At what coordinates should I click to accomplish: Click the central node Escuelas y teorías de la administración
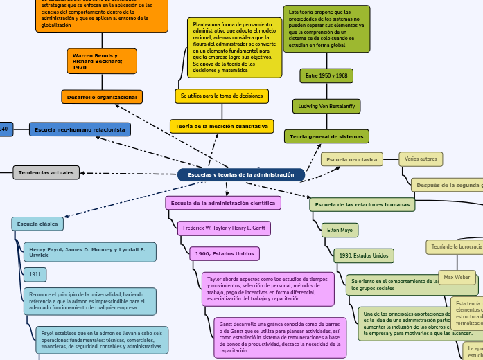click(x=240, y=175)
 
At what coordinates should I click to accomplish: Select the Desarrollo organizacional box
click(x=102, y=97)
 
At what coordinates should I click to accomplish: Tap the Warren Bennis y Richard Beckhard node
click(x=101, y=61)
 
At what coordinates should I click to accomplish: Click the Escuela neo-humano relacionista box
click(x=80, y=129)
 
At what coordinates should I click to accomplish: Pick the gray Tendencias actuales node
click(x=46, y=172)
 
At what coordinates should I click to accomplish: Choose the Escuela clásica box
click(x=37, y=224)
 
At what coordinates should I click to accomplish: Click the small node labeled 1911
click(x=35, y=275)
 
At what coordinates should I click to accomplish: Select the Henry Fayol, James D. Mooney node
click(x=89, y=252)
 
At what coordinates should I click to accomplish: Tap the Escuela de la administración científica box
click(x=223, y=203)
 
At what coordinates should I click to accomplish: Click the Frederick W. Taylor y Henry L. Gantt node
click(x=224, y=228)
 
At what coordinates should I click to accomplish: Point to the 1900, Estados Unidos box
click(x=225, y=254)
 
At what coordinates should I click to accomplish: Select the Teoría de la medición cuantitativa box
click(x=222, y=126)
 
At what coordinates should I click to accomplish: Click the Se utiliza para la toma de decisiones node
click(x=222, y=96)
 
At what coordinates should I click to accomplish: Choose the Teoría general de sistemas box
click(x=326, y=136)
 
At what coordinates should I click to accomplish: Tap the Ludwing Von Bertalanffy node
click(x=326, y=106)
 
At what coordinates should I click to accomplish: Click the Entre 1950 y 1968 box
click(x=326, y=75)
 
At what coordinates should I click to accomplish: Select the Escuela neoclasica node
click(x=352, y=159)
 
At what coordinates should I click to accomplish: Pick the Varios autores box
click(x=421, y=159)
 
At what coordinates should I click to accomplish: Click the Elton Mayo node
click(x=340, y=230)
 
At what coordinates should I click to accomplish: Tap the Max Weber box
click(x=457, y=278)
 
